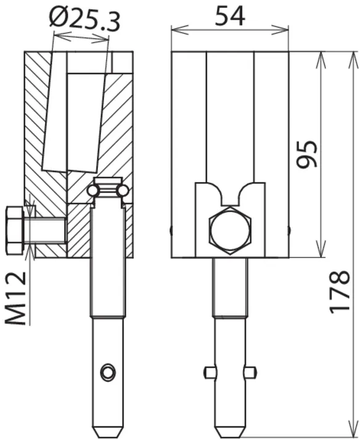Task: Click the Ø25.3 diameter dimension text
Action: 84,19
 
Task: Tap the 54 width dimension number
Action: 230,16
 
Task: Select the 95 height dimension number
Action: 307,154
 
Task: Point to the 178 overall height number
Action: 339,292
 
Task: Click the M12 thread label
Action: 15,299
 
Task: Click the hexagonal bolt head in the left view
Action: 15,231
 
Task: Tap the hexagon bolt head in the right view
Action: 231,231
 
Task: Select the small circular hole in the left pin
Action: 108,373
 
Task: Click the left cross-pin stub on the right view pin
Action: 210,373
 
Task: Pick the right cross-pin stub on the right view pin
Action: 250,373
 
